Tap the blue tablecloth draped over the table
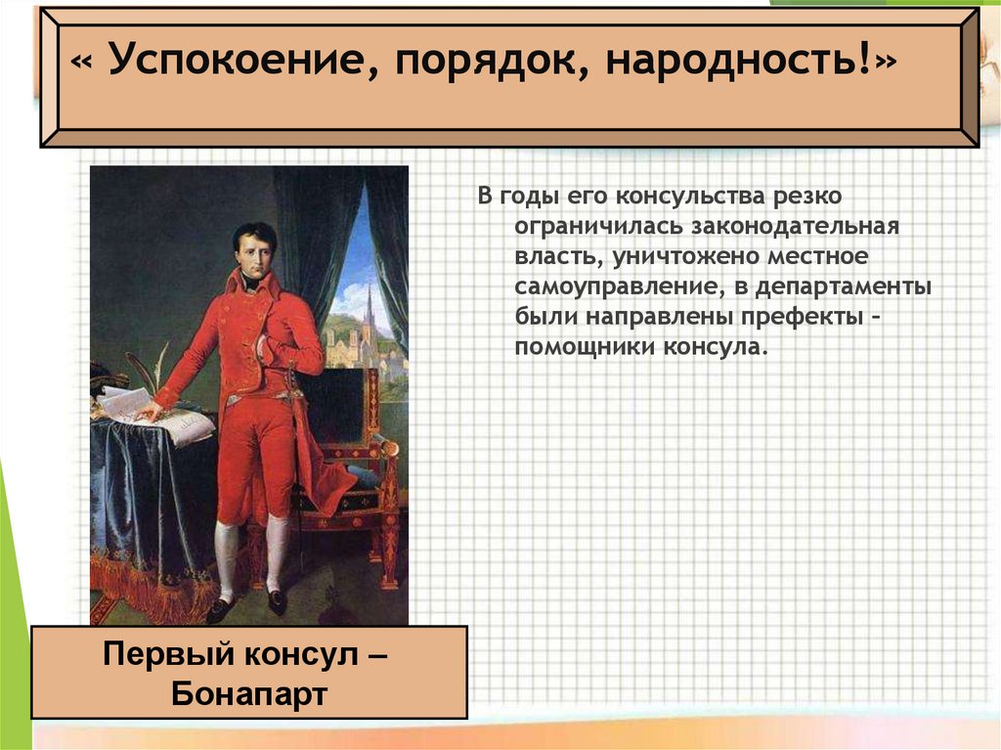click(147, 499)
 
